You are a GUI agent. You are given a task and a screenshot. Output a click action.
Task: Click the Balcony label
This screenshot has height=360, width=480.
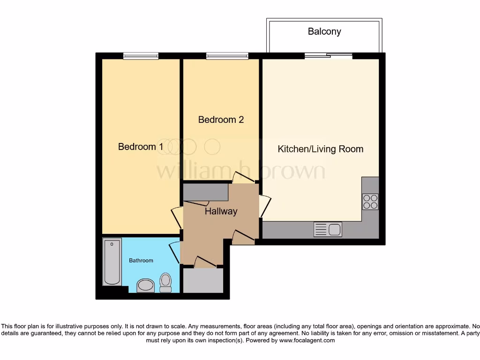tap(324, 32)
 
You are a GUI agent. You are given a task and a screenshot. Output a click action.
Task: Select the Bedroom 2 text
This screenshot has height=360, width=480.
tap(221, 120)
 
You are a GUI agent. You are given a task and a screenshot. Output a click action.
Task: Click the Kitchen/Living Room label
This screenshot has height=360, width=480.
tap(320, 149)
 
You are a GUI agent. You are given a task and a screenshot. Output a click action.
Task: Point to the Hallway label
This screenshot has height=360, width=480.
tap(221, 211)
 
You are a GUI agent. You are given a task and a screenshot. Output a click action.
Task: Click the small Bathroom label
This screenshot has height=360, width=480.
tap(141, 260)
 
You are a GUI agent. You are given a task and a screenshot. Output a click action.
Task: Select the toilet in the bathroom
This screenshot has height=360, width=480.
tap(165, 282)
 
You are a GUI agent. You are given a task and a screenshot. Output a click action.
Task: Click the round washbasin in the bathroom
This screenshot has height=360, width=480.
tap(146, 285)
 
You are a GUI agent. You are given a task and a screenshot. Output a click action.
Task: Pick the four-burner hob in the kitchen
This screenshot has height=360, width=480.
tap(370, 202)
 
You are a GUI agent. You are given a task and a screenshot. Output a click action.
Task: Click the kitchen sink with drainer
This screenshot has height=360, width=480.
tap(328, 230)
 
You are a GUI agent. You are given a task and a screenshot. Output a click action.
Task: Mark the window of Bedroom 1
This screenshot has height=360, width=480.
tap(141, 56)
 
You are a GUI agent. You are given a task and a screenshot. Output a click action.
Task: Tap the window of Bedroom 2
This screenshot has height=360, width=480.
tap(227, 56)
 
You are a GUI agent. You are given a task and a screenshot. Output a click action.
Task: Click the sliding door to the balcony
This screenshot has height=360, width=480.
tap(328, 56)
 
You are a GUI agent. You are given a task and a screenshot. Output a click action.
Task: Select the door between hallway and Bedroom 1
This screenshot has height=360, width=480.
tap(177, 217)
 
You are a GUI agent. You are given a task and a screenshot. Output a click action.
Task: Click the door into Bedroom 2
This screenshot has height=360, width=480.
tap(243, 178)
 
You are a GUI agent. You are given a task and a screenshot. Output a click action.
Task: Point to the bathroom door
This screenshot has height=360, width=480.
tap(174, 252)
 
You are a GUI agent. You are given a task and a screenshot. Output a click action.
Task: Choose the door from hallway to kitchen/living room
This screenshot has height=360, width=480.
tap(264, 206)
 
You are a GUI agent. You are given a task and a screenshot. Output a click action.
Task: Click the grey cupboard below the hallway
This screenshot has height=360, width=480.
tap(203, 280)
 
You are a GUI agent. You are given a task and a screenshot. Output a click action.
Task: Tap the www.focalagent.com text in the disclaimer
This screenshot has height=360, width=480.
tap(307, 340)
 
